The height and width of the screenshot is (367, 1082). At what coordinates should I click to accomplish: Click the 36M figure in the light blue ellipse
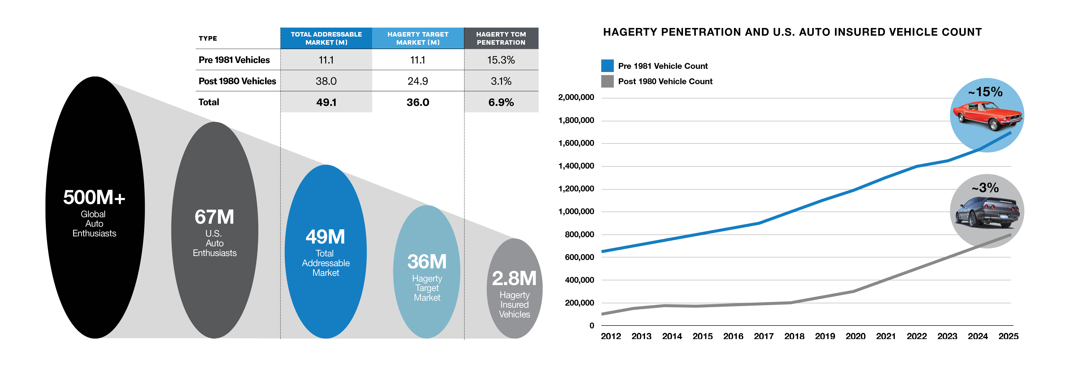point(427,262)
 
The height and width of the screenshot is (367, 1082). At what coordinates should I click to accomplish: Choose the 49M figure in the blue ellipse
point(326,237)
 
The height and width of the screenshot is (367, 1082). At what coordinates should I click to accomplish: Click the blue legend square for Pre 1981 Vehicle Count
point(607,66)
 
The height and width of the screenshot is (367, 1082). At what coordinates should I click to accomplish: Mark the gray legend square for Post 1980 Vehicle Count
point(607,81)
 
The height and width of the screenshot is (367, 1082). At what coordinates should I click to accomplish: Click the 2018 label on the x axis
point(794,336)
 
